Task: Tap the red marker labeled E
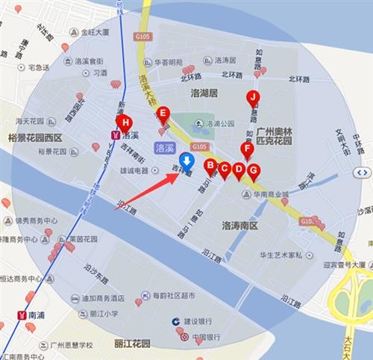coord(164,114)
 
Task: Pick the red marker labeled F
coord(248,149)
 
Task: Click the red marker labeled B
coord(210,165)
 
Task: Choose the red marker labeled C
coord(224,169)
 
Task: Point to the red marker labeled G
coord(253,170)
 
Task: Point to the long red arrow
coord(146,191)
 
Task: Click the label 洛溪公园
coord(220,122)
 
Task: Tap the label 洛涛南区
coord(239,225)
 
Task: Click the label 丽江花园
coord(133,344)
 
